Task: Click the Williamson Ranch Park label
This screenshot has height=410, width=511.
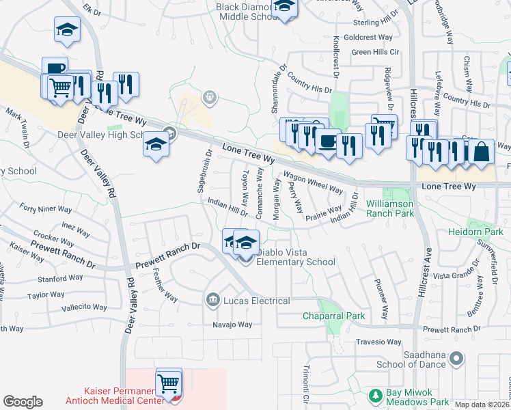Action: tap(400, 208)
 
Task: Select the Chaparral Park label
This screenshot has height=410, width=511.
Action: tap(334, 316)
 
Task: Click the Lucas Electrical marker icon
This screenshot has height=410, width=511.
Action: tap(212, 300)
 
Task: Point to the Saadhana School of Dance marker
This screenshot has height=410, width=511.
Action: tap(458, 357)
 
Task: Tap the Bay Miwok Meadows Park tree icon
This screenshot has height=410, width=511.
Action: tap(375, 395)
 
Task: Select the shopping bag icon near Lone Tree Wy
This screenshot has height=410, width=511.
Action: tap(481, 152)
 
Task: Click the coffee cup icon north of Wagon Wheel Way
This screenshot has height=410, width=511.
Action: tap(328, 142)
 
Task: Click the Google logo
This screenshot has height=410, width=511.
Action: tap(23, 402)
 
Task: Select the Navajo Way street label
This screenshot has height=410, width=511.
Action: tap(232, 325)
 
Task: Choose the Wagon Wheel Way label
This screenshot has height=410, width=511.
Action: tap(312, 182)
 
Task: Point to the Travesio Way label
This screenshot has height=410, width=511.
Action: tap(378, 342)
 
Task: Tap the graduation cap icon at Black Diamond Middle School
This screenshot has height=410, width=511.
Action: tap(283, 8)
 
